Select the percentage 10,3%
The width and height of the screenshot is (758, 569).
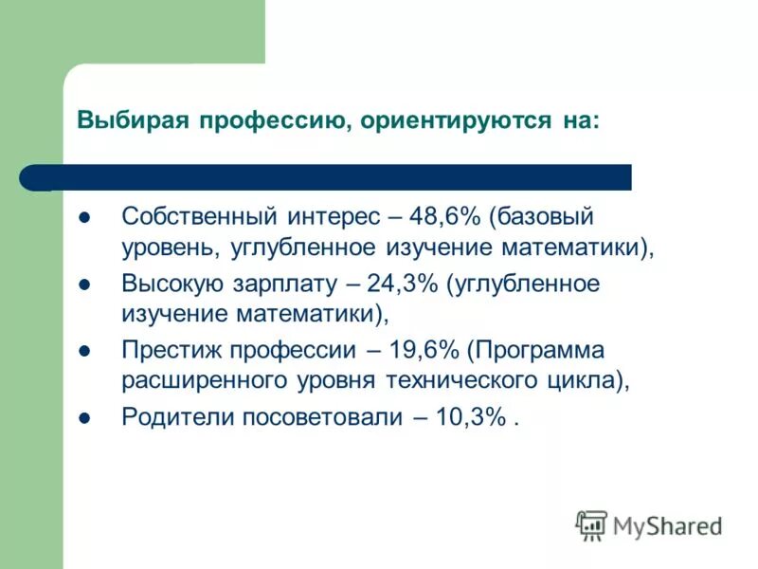[x=470, y=417]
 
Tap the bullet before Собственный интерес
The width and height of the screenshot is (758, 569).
[x=83, y=216]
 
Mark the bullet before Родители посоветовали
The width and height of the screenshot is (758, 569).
[x=83, y=417]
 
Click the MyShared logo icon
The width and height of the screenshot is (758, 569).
[x=592, y=525]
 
